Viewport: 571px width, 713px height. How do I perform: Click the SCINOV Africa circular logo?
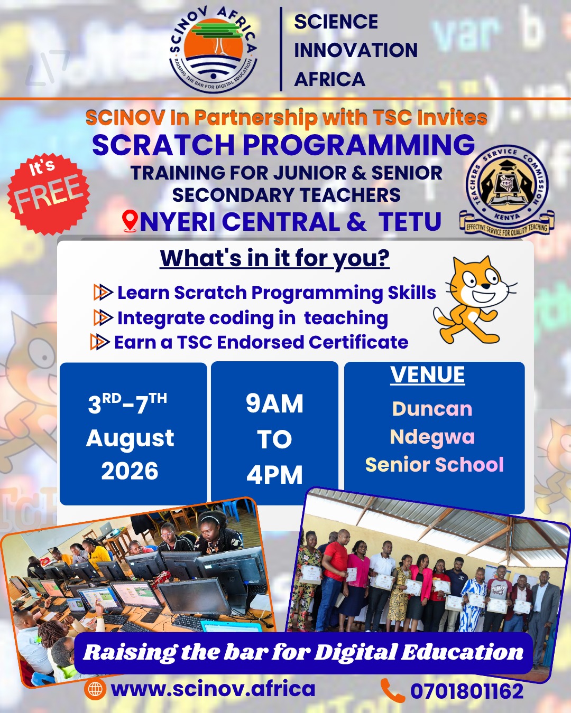coord(214,49)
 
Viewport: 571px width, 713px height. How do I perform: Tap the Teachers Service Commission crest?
coord(506,191)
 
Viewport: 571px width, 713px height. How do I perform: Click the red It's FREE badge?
coord(49,194)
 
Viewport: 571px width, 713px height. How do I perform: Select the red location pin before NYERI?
coord(130,221)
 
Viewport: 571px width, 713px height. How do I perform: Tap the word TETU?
coord(410,221)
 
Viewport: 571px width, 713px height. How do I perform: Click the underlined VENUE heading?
coord(427,375)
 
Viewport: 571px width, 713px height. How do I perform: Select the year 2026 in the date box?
coord(130,471)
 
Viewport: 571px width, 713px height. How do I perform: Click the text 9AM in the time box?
coord(274,404)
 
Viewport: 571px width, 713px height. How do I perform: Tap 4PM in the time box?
coord(274,474)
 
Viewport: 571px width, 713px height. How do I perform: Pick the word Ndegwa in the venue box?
coord(432,437)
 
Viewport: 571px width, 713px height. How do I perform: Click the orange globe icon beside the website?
coord(95,689)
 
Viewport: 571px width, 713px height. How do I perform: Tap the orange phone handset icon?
coord(393,690)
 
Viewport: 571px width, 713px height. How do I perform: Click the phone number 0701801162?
coord(467,691)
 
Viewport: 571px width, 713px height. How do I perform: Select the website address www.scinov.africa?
coord(213,689)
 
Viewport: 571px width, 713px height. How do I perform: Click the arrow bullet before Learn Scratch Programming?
coord(103,292)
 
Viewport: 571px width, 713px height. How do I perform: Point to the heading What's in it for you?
coord(275,258)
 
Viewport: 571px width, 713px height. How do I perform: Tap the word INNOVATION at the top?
coord(356,50)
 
